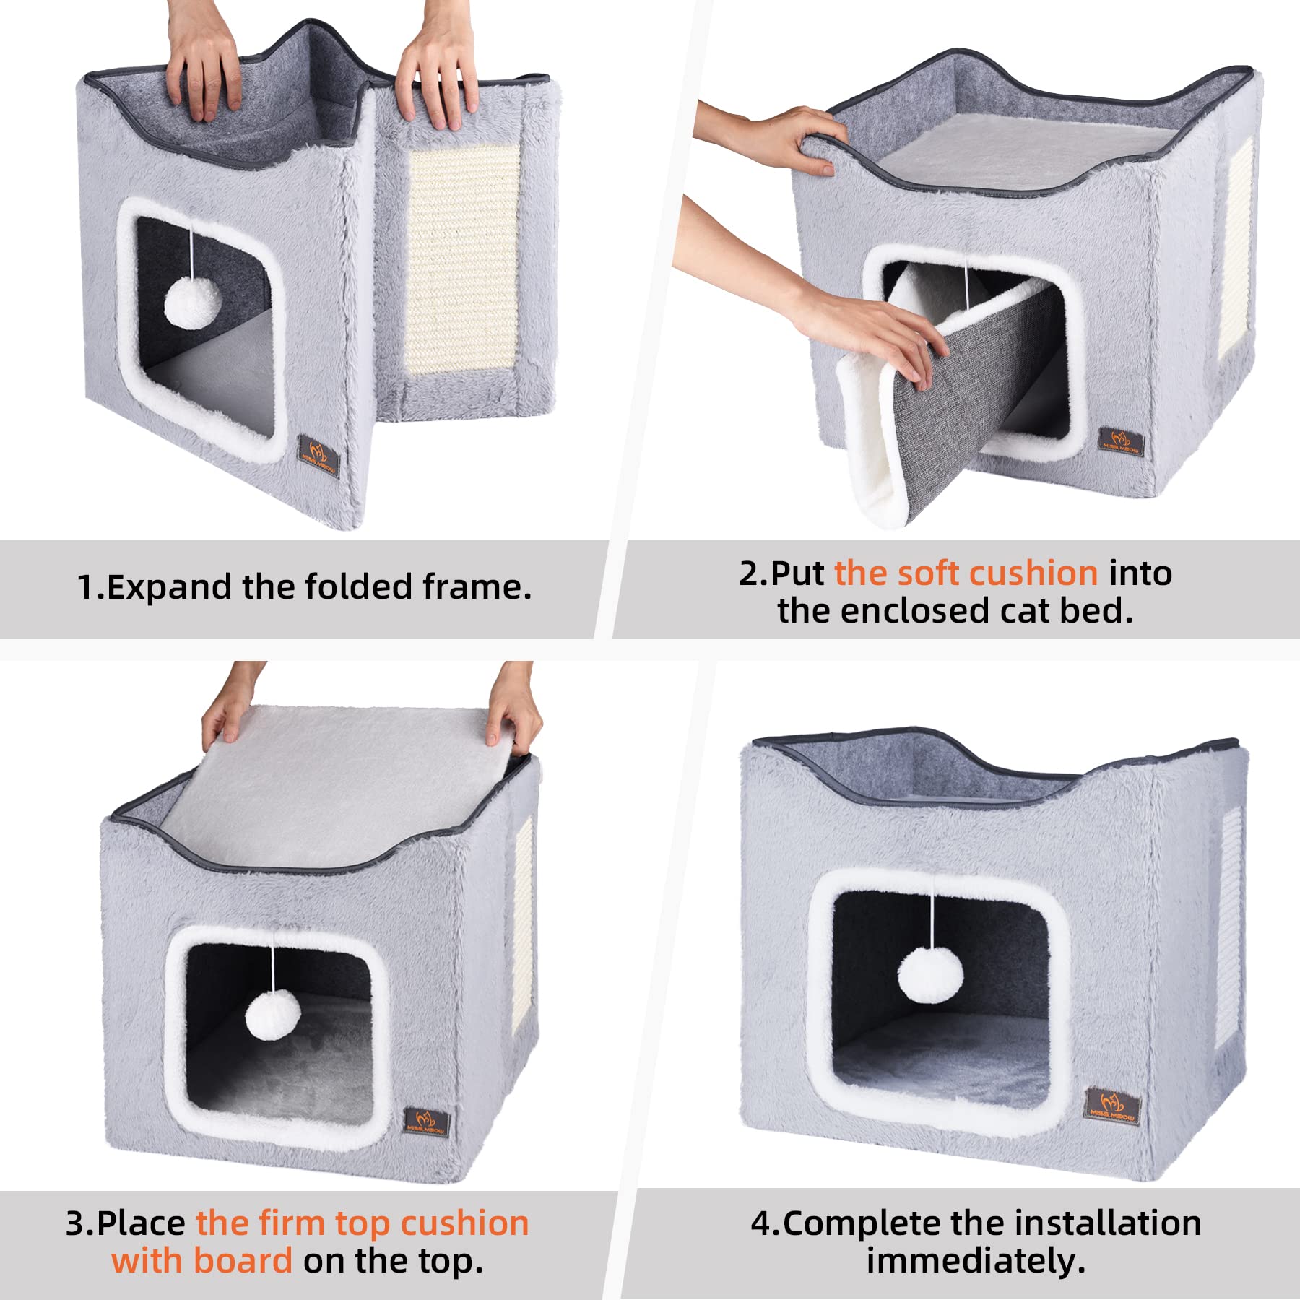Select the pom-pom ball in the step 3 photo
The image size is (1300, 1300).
pyautogui.click(x=272, y=1015)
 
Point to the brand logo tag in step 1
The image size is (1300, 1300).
pyautogui.click(x=318, y=454)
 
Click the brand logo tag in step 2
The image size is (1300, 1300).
pyautogui.click(x=1121, y=440)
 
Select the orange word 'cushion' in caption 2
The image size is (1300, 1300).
pyautogui.click(x=1033, y=573)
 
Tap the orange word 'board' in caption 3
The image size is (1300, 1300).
pyautogui.click(x=243, y=1261)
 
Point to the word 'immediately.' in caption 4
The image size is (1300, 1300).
pyautogui.click(x=976, y=1261)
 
